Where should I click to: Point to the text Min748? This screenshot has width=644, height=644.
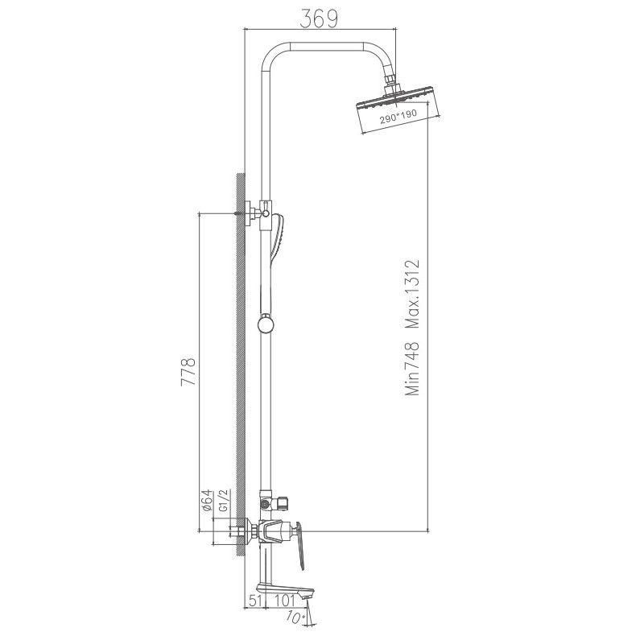coord(413,369)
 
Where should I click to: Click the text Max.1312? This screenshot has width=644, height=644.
coord(413,295)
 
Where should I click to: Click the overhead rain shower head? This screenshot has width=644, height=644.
coord(396,106)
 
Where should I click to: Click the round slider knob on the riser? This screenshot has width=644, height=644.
coord(265,324)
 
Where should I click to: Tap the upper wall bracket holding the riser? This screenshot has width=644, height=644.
coord(256,211)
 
